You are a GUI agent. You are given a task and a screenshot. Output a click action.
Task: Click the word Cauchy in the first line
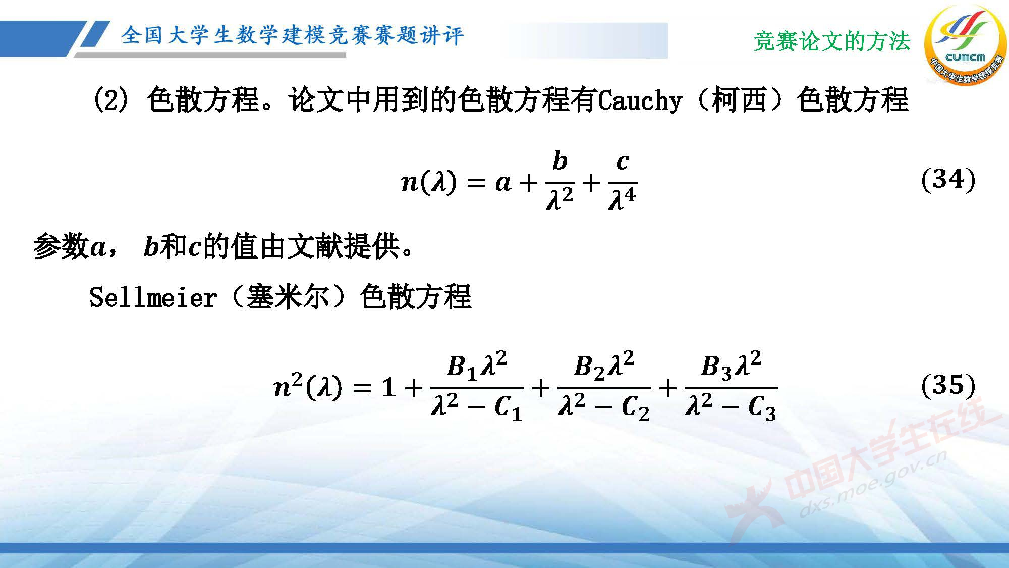pyautogui.click(x=640, y=100)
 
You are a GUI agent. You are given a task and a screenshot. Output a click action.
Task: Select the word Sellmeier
pyautogui.click(x=153, y=297)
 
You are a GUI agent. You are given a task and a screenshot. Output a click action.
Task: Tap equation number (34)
pyautogui.click(x=948, y=179)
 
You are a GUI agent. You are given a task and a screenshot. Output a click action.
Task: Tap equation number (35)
pyautogui.click(x=948, y=385)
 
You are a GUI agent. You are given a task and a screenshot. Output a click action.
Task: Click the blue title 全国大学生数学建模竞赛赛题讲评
pyautogui.click(x=292, y=35)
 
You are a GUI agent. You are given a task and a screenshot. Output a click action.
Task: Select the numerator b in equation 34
pyautogui.click(x=560, y=161)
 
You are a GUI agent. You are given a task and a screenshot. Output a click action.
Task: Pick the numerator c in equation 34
pyautogui.click(x=623, y=161)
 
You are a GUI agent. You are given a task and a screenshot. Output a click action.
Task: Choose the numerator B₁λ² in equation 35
pyautogui.click(x=477, y=366)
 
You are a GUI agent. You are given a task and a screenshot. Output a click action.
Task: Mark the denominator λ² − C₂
pyautogui.click(x=604, y=406)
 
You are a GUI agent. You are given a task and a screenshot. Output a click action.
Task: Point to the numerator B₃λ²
pyautogui.click(x=731, y=366)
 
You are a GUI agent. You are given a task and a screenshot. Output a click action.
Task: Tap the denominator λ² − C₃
pyautogui.click(x=731, y=406)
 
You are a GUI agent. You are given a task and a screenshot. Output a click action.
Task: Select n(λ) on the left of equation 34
pyautogui.click(x=429, y=182)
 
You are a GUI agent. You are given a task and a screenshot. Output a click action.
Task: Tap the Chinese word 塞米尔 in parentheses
pyautogui.click(x=288, y=297)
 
